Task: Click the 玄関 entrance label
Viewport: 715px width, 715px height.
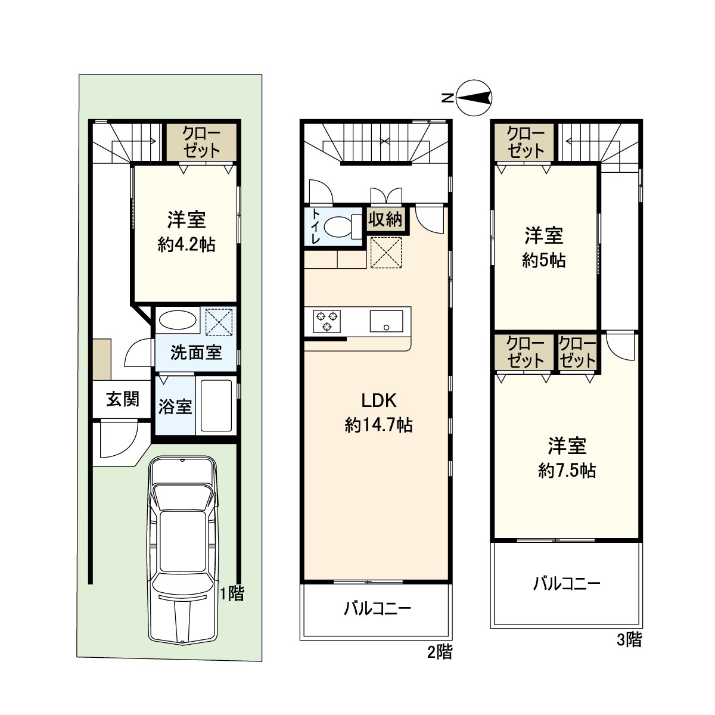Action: (123, 399)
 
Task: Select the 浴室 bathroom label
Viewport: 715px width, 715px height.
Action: (175, 408)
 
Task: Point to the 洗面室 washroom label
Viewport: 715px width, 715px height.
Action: (196, 353)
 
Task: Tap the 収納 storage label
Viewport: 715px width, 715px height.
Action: (385, 219)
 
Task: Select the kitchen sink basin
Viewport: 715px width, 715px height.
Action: (386, 321)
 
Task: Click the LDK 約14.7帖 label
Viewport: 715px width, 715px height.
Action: (378, 412)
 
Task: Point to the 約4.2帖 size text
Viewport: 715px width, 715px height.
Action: (186, 244)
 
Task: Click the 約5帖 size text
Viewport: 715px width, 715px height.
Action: (543, 260)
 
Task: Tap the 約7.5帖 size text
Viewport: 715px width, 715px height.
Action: (567, 471)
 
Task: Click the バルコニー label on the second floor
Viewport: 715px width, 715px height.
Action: (377, 609)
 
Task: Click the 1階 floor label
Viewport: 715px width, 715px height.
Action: (232, 593)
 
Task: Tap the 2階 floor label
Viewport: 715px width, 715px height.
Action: (439, 652)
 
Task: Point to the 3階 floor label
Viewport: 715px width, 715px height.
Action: (629, 640)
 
